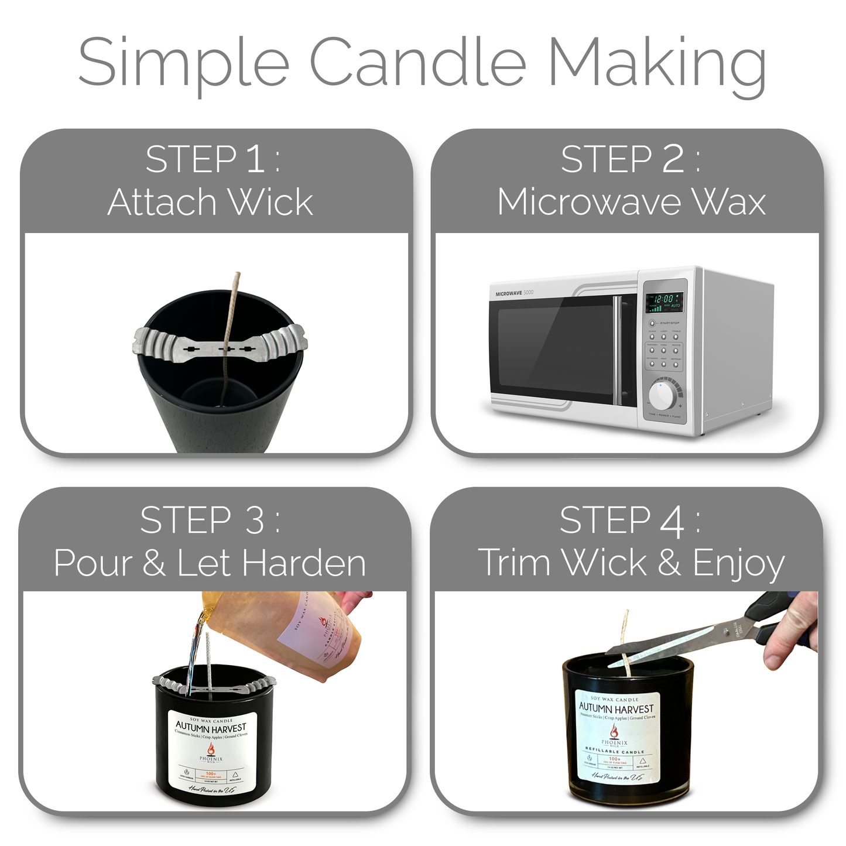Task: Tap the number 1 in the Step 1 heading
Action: [x=256, y=159]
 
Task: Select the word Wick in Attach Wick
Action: [x=270, y=203]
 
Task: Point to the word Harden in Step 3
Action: [x=304, y=563]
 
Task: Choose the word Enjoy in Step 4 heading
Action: [x=739, y=564]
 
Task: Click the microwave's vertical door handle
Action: [x=616, y=350]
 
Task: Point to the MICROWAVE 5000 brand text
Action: [x=514, y=293]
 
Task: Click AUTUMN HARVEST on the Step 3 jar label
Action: [x=211, y=728]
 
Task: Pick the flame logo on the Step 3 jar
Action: [x=211, y=749]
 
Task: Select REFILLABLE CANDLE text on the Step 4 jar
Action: [x=615, y=751]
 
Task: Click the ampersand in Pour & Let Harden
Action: [x=153, y=563]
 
